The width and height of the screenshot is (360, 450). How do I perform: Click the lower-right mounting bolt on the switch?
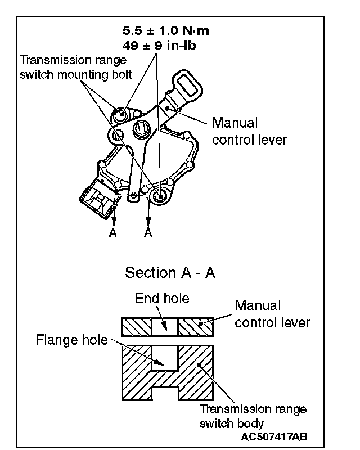[159, 195]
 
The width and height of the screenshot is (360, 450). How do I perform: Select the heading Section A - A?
[170, 272]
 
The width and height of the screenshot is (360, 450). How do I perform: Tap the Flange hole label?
[72, 340]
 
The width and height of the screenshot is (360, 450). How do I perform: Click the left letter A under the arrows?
[113, 233]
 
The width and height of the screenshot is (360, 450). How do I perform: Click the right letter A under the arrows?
[148, 233]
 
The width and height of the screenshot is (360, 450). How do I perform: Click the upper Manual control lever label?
[249, 131]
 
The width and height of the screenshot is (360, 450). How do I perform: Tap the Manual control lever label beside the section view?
[273, 314]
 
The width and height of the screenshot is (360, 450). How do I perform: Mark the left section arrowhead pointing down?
[113, 222]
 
